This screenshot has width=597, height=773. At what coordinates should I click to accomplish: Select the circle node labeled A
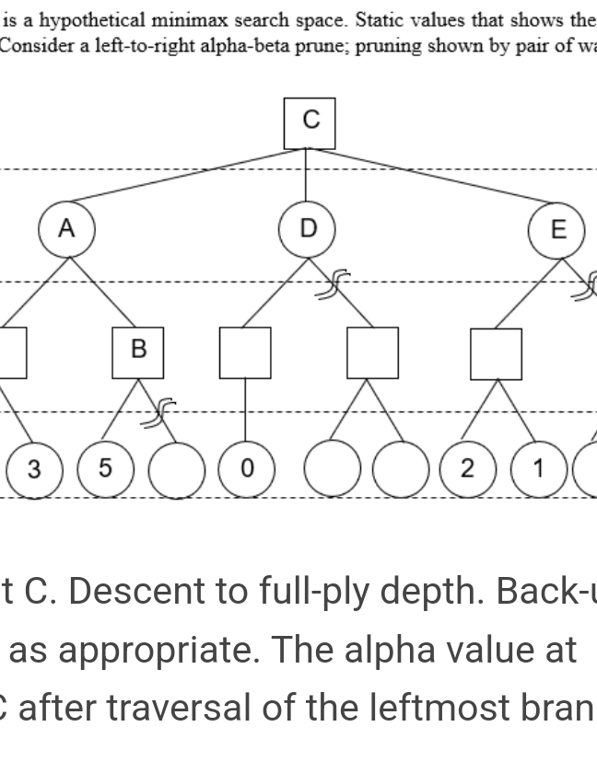pos(66,229)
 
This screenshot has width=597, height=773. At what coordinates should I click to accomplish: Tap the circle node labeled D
pos(309,227)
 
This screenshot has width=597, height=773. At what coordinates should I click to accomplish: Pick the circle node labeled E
pos(556,230)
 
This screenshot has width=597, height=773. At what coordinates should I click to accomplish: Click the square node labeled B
pos(138,352)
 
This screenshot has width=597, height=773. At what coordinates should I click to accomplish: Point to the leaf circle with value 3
pos(33,469)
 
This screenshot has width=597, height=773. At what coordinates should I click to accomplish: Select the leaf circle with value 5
pos(104,469)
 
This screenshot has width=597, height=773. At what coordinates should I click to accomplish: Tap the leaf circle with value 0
pos(245,469)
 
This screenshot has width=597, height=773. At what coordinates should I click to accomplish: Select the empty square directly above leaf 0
pos(245,352)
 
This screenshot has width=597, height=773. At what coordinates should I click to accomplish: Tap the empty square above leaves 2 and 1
pos(496,353)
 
